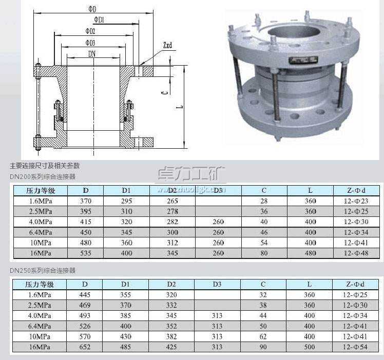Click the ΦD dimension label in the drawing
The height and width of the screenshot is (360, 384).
(x=92, y=9)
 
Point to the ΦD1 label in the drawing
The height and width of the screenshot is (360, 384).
(x=100, y=20)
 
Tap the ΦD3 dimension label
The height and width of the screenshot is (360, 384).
(x=90, y=43)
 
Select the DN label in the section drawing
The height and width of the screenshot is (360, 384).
(x=92, y=53)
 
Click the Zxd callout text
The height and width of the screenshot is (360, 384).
(x=167, y=46)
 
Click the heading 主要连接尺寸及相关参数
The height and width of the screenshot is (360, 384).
(x=45, y=166)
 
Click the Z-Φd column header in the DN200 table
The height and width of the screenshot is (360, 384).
(x=356, y=190)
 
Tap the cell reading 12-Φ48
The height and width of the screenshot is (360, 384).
(x=356, y=253)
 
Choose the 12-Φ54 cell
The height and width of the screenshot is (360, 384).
(x=356, y=347)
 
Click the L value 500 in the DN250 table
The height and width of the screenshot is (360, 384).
(x=310, y=347)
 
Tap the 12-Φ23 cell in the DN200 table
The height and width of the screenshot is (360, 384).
(x=356, y=201)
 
